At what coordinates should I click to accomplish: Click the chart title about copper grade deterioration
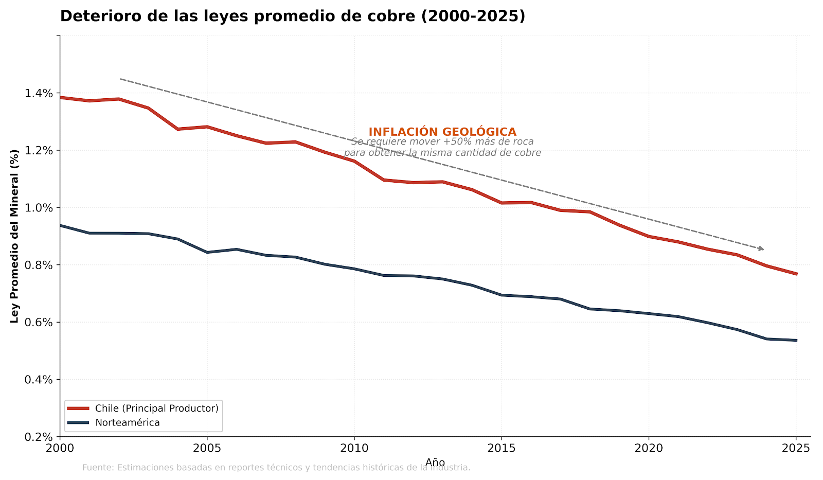[x=292, y=16]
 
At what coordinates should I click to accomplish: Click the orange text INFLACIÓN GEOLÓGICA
[x=442, y=132]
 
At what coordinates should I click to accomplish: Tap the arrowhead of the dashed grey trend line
[x=762, y=249]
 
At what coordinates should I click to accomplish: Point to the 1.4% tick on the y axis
[x=40, y=93]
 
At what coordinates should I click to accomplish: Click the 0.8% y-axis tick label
[x=40, y=265]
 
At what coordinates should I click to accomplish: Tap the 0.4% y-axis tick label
[x=40, y=380]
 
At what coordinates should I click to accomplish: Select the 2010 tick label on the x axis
[x=354, y=448]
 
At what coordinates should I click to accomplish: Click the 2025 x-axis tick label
[x=795, y=448]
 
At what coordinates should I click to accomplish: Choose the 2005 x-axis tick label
[x=207, y=448]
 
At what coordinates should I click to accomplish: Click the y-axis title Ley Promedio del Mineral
[x=14, y=236]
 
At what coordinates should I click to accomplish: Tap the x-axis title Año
[x=435, y=463]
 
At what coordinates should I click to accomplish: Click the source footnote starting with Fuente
[x=276, y=468]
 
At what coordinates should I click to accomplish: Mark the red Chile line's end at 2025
[x=796, y=274]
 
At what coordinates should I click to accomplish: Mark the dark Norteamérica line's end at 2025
[x=796, y=340]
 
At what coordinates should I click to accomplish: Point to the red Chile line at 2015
[x=502, y=203]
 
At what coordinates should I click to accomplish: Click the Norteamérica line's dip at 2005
[x=207, y=252]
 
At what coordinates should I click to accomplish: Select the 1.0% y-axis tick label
[x=40, y=208]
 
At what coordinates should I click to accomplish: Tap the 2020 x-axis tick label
[x=648, y=448]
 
